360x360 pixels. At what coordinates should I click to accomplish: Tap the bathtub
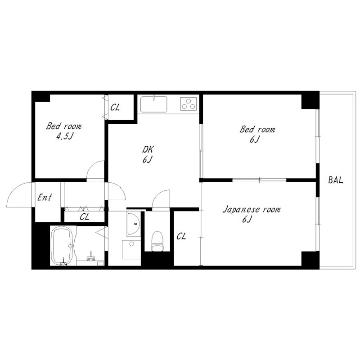[x=63, y=246]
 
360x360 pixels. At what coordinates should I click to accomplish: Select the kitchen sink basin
[x=153, y=104]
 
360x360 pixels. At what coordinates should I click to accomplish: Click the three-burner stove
[x=189, y=103]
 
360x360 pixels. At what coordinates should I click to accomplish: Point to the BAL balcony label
[x=335, y=180]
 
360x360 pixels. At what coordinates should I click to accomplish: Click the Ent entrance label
[x=45, y=197]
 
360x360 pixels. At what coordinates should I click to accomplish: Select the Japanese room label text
[x=252, y=210]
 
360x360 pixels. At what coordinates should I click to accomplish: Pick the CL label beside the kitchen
[x=115, y=107]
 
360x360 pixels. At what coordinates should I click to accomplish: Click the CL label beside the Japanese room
[x=181, y=236]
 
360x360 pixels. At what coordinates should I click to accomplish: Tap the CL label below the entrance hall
[x=84, y=217]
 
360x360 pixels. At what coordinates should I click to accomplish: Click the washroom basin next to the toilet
[x=134, y=224]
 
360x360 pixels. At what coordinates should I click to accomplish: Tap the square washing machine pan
[x=131, y=249]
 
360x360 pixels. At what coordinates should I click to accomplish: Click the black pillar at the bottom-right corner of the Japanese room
[x=310, y=260]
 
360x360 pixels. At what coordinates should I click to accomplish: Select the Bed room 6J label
[x=257, y=134]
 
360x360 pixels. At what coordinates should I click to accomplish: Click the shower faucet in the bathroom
[x=91, y=256]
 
